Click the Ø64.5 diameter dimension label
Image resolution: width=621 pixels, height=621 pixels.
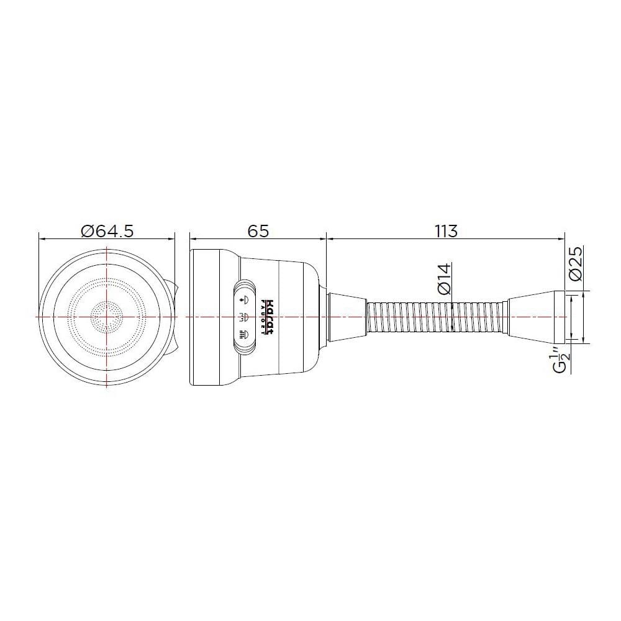pos(107,230)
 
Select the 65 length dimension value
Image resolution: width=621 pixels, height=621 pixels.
pos(258,230)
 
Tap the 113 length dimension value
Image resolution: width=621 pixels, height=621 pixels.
pos(446,230)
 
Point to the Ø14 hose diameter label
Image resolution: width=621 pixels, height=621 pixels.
pos(445,279)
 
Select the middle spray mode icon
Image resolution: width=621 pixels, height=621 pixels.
pos(244,317)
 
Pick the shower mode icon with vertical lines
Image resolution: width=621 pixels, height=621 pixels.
pos(244,334)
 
